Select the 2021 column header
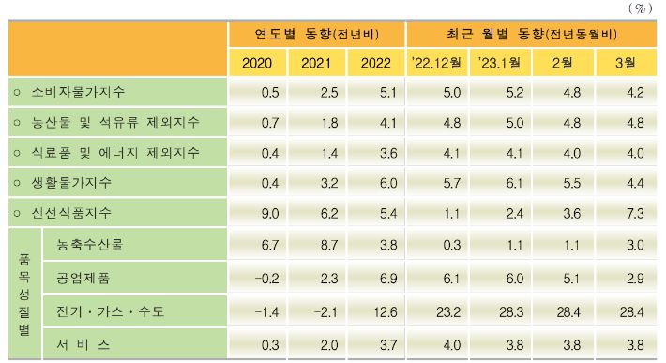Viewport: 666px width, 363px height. [316, 63]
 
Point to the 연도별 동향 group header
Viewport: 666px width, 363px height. [316, 34]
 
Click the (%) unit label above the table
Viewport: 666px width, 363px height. [643, 8]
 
